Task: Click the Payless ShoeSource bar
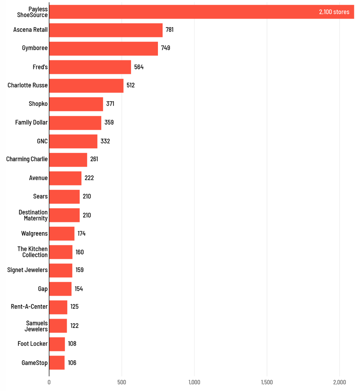pyautogui.click(x=201, y=12)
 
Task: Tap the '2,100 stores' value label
pyautogui.click(x=334, y=12)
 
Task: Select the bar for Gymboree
pyautogui.click(x=104, y=48)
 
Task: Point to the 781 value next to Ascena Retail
pyautogui.click(x=170, y=30)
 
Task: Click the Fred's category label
pyautogui.click(x=40, y=67)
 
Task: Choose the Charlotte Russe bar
pyautogui.click(x=86, y=85)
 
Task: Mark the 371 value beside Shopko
pyautogui.click(x=110, y=104)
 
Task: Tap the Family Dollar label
pyautogui.click(x=32, y=122)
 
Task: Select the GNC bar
pyautogui.click(x=73, y=141)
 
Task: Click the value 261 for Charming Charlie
pyautogui.click(x=94, y=159)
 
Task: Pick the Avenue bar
pyautogui.click(x=65, y=178)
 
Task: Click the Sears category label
pyautogui.click(x=41, y=196)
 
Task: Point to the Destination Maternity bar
pyautogui.click(x=65, y=215)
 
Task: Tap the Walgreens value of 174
pyautogui.click(x=82, y=233)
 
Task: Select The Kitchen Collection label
pyautogui.click(x=33, y=252)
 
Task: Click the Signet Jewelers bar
pyautogui.click(x=61, y=270)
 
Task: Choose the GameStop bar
pyautogui.click(x=57, y=363)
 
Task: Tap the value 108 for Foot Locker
pyautogui.click(x=72, y=344)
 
